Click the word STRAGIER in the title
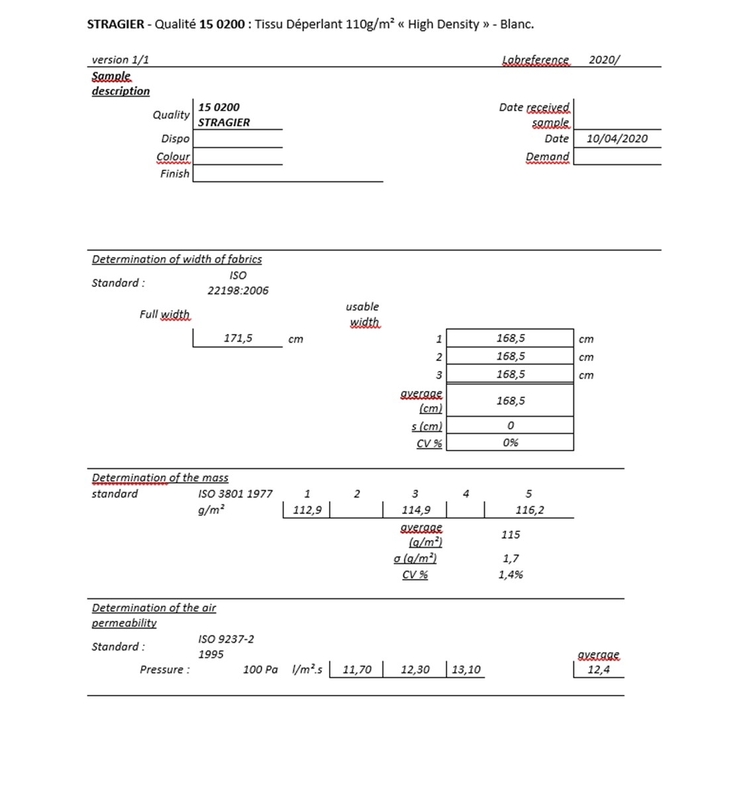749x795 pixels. [115, 25]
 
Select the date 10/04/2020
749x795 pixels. [617, 138]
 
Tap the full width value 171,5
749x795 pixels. [238, 338]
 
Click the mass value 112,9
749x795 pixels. [307, 509]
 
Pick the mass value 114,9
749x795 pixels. [415, 509]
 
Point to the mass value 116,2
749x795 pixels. [529, 509]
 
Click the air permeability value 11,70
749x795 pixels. [357, 669]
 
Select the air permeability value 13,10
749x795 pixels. [466, 669]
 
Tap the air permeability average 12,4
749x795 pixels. [598, 669]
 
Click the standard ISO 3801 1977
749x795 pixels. [235, 494]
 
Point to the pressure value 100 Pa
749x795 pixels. [260, 669]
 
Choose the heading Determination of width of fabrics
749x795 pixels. [176, 259]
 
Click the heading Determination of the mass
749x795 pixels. [160, 478]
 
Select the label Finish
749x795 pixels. [175, 174]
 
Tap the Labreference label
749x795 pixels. [535, 60]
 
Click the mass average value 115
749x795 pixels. [511, 535]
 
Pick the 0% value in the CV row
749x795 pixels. [510, 443]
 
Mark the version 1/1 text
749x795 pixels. [120, 60]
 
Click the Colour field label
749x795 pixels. [173, 157]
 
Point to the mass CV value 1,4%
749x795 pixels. [511, 574]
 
